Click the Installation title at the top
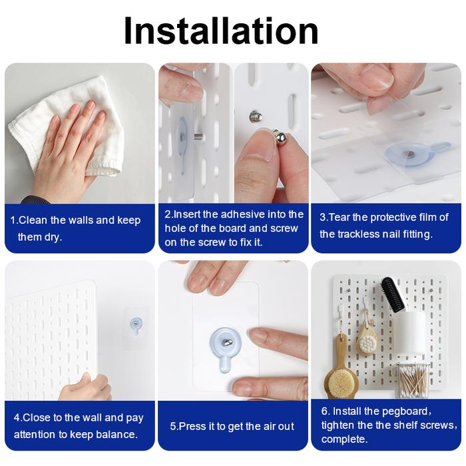tap(221, 31)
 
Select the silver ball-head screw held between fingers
tap(280, 138)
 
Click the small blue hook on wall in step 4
tap(136, 326)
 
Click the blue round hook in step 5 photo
tap(225, 347)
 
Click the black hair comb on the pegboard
tap(395, 294)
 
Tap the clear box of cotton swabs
tap(411, 381)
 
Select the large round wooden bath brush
tap(341, 377)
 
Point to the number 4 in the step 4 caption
tap(17, 417)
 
